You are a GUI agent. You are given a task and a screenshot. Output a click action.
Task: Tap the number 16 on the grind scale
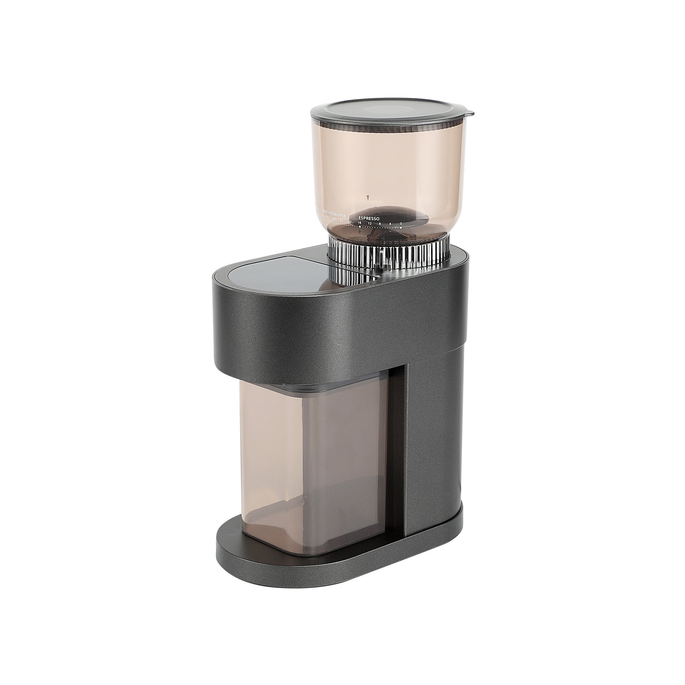click(360, 223)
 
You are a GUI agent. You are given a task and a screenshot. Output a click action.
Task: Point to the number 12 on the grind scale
click(370, 223)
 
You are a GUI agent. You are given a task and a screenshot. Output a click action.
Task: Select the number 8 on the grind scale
click(380, 223)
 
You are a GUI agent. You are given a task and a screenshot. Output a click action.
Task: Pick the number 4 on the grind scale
click(390, 224)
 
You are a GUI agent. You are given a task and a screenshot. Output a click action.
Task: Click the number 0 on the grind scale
click(401, 224)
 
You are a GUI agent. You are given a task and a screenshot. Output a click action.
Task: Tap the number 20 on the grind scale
click(350, 222)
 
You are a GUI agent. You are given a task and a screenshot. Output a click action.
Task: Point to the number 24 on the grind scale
click(341, 220)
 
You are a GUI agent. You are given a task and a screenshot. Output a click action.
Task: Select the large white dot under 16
click(360, 227)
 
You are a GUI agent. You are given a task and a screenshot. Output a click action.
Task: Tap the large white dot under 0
click(401, 228)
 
